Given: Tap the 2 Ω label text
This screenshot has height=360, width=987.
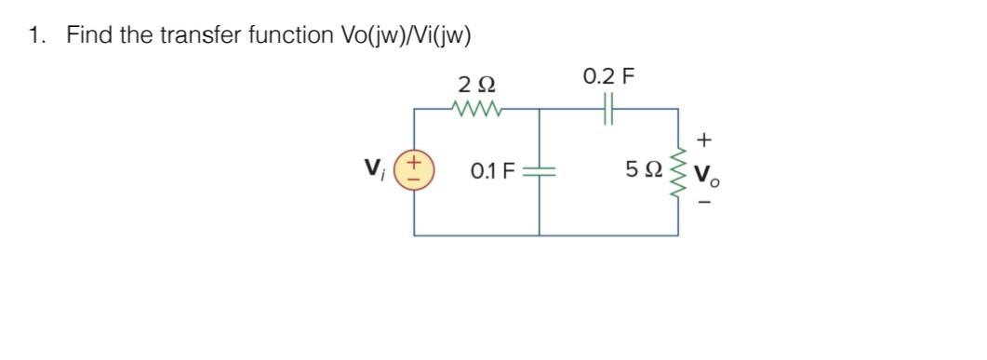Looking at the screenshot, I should tap(477, 85).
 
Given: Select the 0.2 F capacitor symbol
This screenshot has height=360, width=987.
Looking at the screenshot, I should tap(608, 110).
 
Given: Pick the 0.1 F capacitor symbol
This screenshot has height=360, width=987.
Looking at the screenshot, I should tap(540, 171).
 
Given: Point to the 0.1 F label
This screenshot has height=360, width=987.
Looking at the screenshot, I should tap(492, 171).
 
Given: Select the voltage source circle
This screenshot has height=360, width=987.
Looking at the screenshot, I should tap(414, 171).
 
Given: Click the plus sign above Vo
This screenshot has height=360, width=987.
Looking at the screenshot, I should tap(704, 140).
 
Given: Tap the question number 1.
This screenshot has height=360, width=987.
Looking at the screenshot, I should tap(35, 35).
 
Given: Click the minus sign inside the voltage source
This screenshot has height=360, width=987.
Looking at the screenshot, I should tap(414, 180).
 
